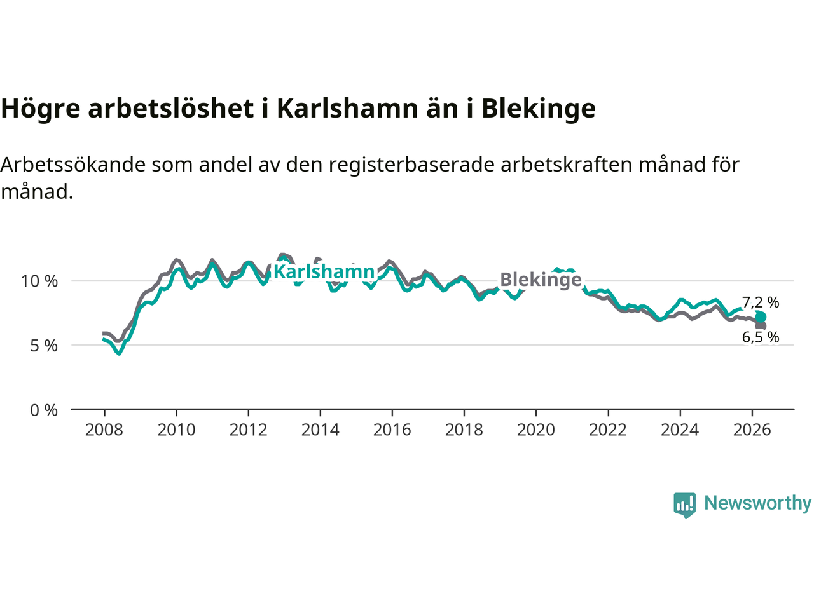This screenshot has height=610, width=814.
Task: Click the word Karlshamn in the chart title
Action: (347, 108)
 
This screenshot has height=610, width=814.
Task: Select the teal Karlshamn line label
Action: (324, 271)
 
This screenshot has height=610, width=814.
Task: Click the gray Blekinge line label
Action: (541, 280)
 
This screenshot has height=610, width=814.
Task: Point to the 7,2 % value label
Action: (761, 302)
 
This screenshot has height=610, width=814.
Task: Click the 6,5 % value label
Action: (761, 337)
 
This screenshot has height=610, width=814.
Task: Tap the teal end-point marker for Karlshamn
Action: (761, 318)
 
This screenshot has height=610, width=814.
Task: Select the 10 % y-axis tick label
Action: (39, 281)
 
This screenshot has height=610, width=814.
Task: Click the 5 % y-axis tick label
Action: (44, 346)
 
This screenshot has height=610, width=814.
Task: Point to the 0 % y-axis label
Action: (44, 410)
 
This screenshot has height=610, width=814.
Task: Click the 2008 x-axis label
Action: (104, 430)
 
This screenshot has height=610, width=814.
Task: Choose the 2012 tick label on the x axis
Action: (248, 430)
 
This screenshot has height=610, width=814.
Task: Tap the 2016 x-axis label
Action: (392, 430)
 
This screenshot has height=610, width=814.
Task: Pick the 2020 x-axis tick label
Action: (536, 430)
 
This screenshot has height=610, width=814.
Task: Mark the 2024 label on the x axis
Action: (680, 430)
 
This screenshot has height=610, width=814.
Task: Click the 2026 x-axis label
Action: (752, 430)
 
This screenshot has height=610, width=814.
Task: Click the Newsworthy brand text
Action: (757, 503)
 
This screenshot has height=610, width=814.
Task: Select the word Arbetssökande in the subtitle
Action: (73, 165)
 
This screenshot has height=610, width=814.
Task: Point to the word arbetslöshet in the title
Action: (171, 108)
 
